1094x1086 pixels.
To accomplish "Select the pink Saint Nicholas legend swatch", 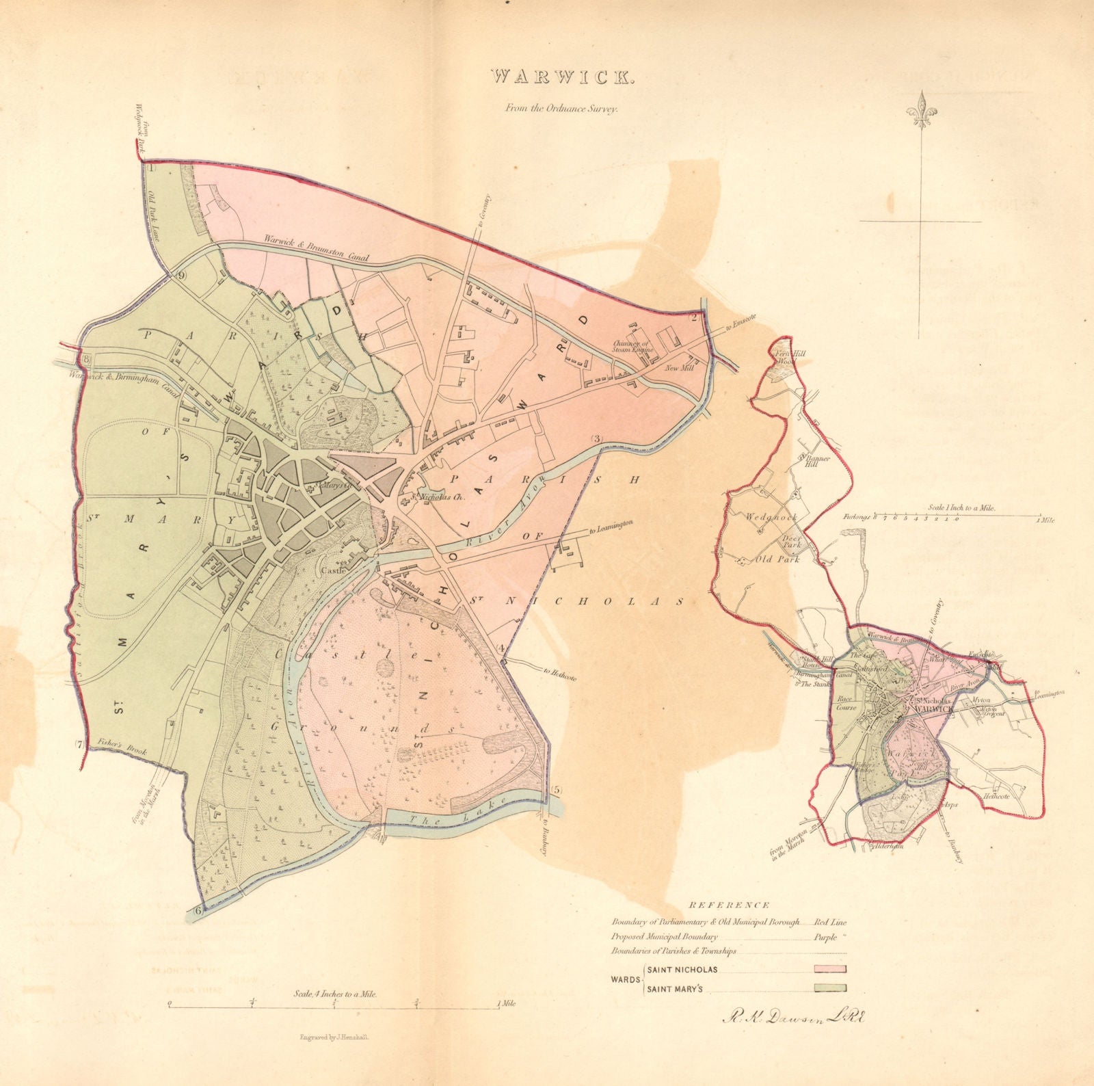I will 830,968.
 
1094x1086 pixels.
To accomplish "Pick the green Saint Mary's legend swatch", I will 830,987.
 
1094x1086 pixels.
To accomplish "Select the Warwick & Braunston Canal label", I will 316,249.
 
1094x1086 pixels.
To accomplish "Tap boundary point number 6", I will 198,910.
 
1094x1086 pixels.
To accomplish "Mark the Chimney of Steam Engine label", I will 633,345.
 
